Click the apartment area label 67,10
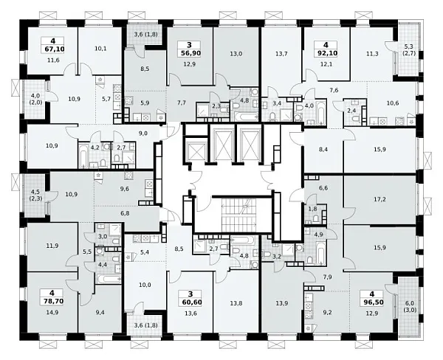click(x=55, y=49)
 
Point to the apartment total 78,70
click(x=53, y=301)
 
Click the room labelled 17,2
click(x=380, y=199)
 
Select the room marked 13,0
click(x=236, y=54)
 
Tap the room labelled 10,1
click(x=100, y=49)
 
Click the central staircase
click(x=238, y=215)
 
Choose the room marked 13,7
click(x=281, y=54)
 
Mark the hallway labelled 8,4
click(x=323, y=150)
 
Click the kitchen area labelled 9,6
click(x=124, y=189)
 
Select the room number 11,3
click(x=372, y=54)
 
